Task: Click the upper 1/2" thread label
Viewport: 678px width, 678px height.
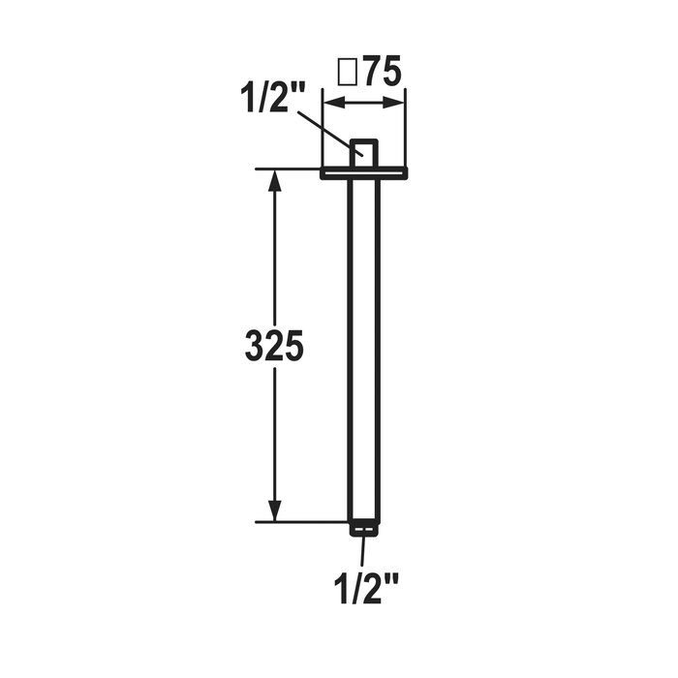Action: (x=273, y=98)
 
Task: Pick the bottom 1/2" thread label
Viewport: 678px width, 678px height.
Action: (x=366, y=589)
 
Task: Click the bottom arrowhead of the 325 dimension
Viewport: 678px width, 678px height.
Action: (x=275, y=510)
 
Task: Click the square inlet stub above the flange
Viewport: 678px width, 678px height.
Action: (x=364, y=153)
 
